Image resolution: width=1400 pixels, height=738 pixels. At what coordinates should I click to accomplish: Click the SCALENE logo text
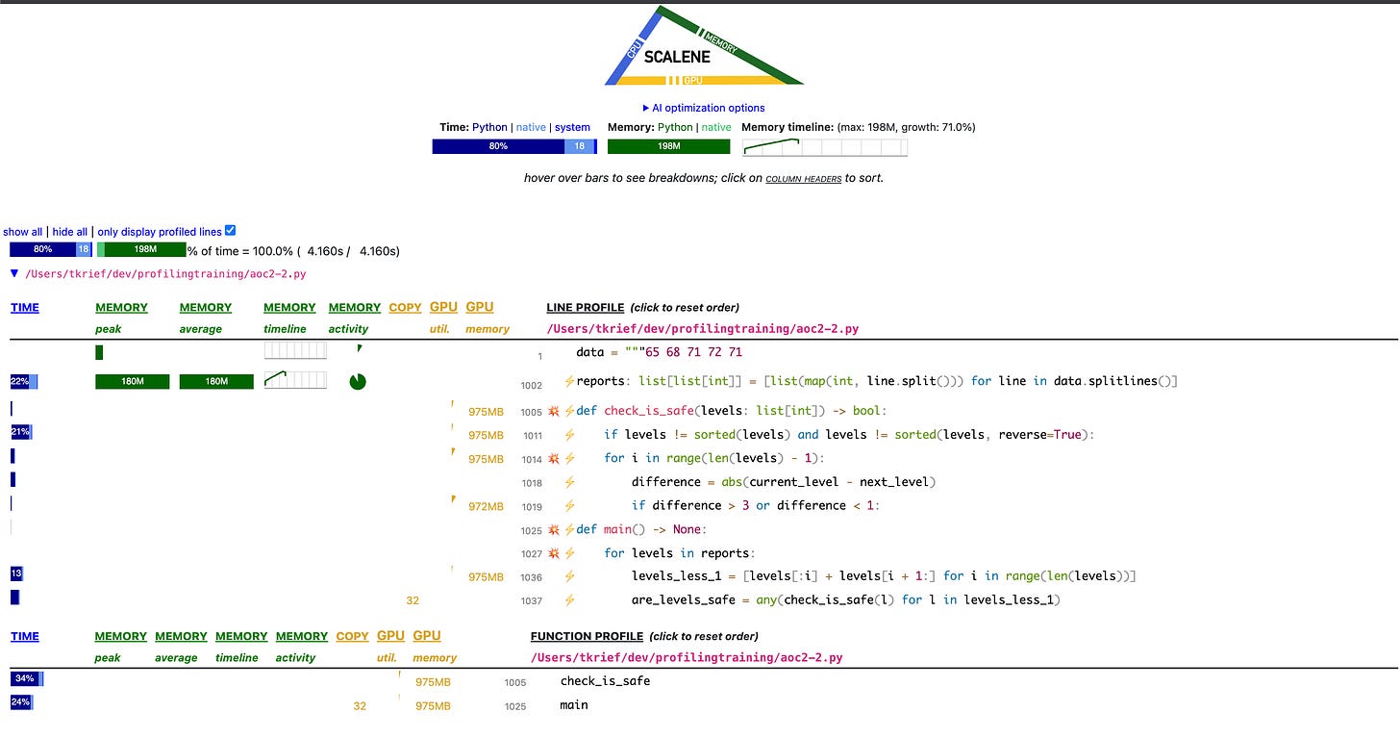(677, 57)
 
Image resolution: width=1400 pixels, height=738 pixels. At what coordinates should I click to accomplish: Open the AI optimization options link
(704, 108)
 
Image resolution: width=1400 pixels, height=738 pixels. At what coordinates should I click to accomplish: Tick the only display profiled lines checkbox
(230, 231)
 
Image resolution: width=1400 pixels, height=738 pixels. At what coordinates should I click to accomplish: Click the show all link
(23, 232)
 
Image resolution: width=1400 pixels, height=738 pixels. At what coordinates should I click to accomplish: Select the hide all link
(69, 232)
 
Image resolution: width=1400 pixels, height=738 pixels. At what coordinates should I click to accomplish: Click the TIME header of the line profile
(25, 308)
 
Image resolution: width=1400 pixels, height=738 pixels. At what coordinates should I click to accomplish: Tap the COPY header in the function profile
(352, 636)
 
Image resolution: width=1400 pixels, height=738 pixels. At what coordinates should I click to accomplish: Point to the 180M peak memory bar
(132, 382)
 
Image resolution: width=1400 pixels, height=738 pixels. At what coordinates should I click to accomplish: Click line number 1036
(531, 577)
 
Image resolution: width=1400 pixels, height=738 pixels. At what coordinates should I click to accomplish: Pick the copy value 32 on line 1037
(412, 600)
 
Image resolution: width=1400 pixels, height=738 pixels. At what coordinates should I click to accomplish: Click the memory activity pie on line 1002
(358, 382)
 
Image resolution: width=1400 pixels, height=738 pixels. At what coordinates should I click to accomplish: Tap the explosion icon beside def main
(553, 530)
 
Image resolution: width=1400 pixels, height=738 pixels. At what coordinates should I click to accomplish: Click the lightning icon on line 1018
(569, 483)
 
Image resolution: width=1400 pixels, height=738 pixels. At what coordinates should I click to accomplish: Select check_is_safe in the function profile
(605, 681)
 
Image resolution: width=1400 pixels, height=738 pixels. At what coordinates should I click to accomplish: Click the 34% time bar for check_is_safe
(26, 679)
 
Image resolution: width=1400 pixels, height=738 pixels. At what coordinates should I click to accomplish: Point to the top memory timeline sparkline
(824, 147)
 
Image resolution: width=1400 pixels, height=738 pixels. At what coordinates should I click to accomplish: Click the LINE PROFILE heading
(586, 308)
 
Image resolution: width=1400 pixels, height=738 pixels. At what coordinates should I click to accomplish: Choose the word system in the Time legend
(572, 127)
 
